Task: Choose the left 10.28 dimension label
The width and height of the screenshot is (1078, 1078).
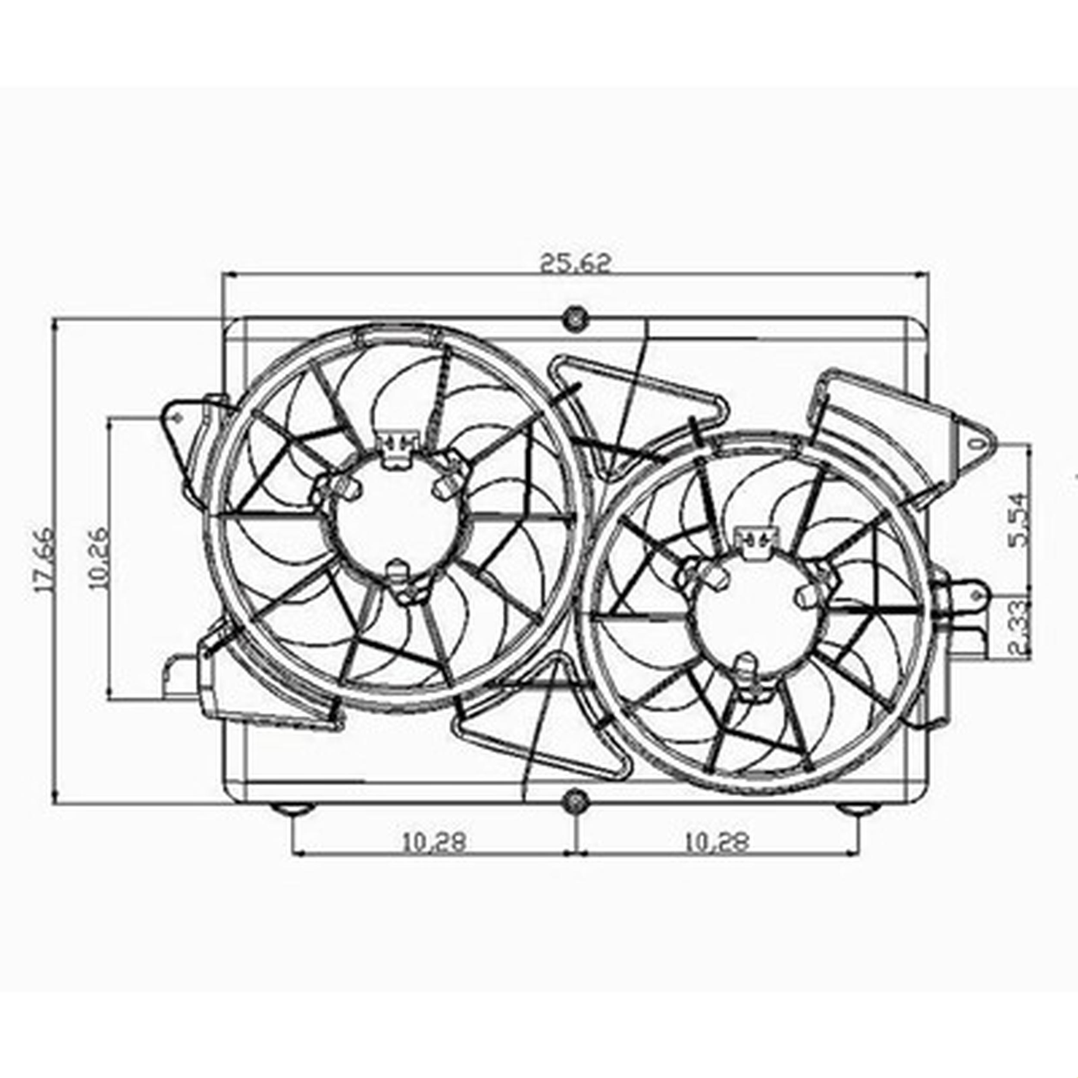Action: [x=433, y=842]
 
